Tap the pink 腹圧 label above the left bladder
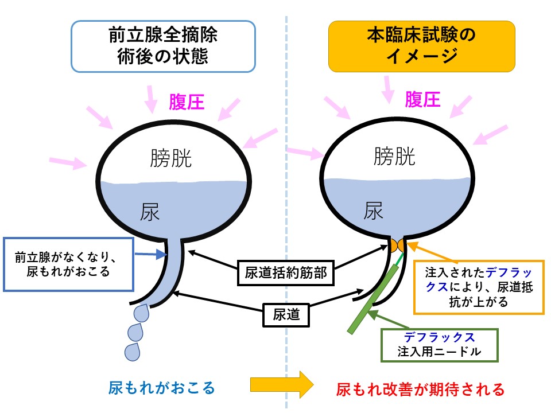click(x=187, y=103)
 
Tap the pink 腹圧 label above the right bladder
click(x=422, y=100)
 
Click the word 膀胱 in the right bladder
click(x=394, y=155)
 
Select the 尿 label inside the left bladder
click(x=150, y=213)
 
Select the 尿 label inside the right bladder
click(x=373, y=211)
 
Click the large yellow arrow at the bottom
click(x=281, y=384)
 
